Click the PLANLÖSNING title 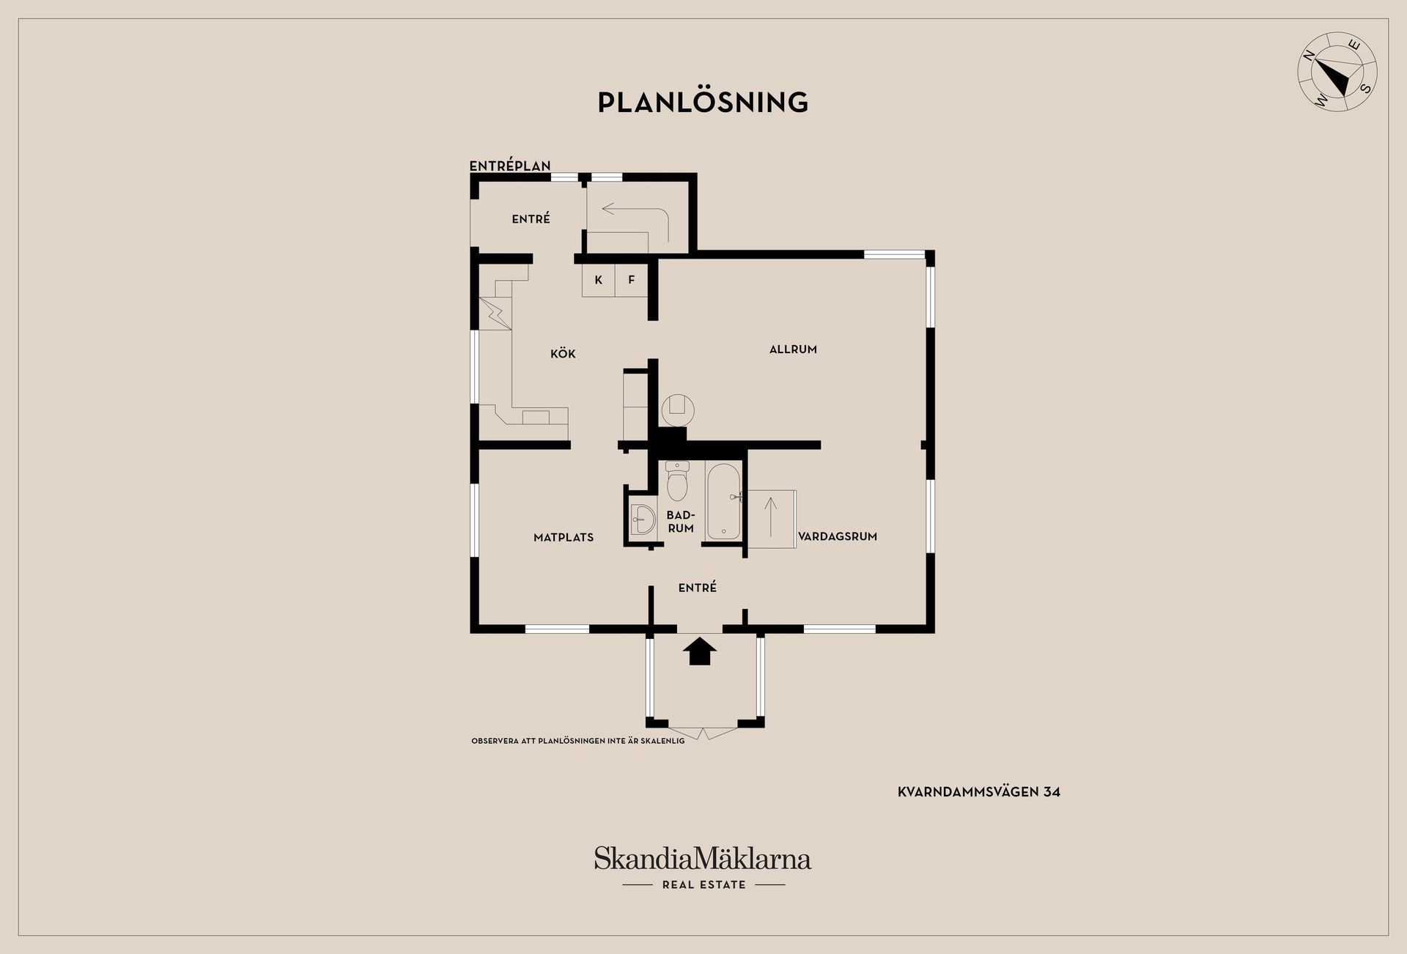click(703, 102)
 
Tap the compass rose click(1337, 82)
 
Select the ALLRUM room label click(793, 350)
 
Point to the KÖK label click(563, 354)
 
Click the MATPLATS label click(564, 537)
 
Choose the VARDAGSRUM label click(838, 536)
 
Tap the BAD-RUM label click(681, 522)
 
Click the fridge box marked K click(599, 281)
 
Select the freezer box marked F click(631, 281)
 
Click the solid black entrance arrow click(700, 651)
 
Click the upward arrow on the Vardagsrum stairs click(770, 516)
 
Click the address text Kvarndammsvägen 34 click(979, 791)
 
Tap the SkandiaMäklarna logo click(703, 868)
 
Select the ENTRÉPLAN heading click(510, 166)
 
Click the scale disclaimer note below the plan click(578, 741)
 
